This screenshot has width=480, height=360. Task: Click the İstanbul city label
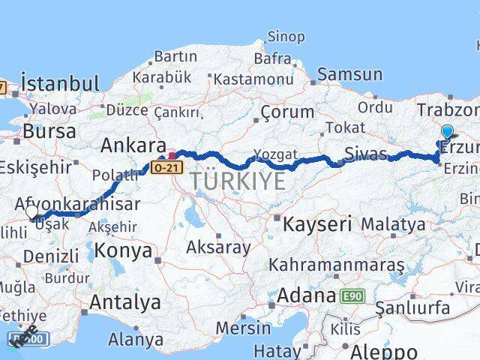point(60,82)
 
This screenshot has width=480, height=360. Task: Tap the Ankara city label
point(133,145)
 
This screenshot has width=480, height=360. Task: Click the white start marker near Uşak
point(32,212)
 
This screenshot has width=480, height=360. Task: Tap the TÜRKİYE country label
point(237,181)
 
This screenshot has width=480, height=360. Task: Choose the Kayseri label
point(314,223)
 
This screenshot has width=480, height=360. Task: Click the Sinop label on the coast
point(286,37)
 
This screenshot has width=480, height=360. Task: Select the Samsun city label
point(349,74)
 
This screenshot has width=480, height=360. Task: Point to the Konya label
point(124,250)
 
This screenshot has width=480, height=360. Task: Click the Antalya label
point(125,302)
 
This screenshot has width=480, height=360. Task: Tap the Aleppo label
point(383,350)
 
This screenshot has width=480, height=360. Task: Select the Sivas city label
point(366,154)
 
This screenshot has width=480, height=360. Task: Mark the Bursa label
point(49,131)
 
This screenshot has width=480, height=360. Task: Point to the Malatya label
point(393,223)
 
